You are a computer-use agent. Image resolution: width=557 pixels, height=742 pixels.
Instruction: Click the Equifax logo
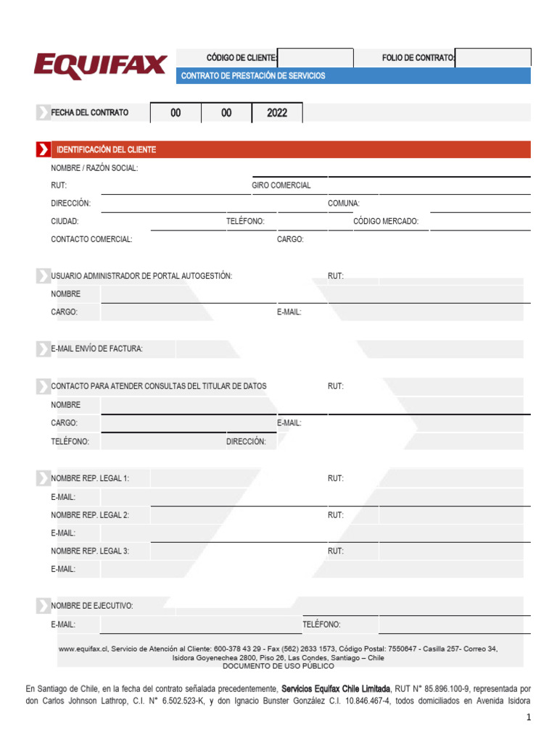[100, 65]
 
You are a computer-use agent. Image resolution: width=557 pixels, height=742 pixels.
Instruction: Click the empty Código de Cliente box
[315, 58]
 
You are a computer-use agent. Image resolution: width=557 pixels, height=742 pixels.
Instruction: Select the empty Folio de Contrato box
[493, 58]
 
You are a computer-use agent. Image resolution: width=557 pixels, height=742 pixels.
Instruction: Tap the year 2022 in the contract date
[277, 113]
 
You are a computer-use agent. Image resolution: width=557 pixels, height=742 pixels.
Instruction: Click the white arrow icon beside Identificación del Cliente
[44, 150]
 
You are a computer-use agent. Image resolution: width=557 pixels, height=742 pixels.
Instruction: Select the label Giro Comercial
[281, 185]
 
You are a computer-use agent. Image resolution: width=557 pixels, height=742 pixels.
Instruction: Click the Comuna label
[343, 204]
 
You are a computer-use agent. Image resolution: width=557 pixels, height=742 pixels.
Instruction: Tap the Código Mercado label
[385, 222]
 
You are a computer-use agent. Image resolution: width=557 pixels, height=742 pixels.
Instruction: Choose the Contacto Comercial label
[91, 239]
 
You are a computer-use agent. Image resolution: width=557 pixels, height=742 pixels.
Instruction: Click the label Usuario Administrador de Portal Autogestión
[141, 276]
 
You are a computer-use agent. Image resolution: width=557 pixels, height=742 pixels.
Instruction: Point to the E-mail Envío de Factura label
[96, 349]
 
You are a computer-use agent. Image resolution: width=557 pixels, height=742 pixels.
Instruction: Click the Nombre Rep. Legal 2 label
[90, 515]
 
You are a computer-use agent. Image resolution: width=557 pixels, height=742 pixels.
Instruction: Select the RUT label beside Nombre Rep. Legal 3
[335, 551]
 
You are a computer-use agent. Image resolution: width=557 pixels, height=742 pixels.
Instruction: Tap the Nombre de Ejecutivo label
[91, 606]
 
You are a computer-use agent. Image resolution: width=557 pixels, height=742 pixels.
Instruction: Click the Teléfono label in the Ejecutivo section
[321, 624]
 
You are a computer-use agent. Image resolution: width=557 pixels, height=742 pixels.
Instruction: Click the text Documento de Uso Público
[278, 666]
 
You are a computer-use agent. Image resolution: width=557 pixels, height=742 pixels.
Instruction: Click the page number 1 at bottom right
[529, 717]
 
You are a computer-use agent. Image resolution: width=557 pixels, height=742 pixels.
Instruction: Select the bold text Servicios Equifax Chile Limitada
[335, 688]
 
